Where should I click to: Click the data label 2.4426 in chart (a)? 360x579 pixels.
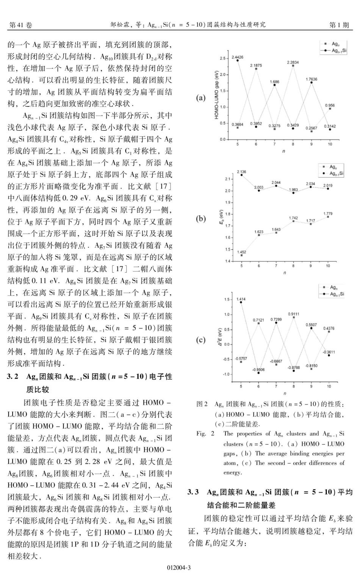pos(238,57)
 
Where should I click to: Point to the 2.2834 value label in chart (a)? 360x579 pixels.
pos(293,62)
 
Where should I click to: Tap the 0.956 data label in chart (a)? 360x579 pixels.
pos(330,106)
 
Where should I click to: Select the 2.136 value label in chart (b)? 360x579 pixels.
pos(241,172)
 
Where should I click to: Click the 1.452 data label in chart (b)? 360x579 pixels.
pos(241,252)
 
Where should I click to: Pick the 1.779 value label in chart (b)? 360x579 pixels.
pos(328,214)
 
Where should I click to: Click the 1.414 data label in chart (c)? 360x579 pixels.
pos(241,299)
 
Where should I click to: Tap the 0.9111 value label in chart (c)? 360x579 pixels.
pos(293,314)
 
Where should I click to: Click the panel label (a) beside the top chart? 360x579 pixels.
pos(201,98)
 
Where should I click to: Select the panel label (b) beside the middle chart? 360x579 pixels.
pos(201,218)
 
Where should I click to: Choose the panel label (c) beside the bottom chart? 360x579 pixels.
pos(201,340)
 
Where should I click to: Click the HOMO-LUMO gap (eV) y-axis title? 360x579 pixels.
pos(217,95)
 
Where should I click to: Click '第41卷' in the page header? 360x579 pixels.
pos(20,25)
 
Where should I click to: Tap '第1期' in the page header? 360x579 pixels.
pos(339,25)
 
